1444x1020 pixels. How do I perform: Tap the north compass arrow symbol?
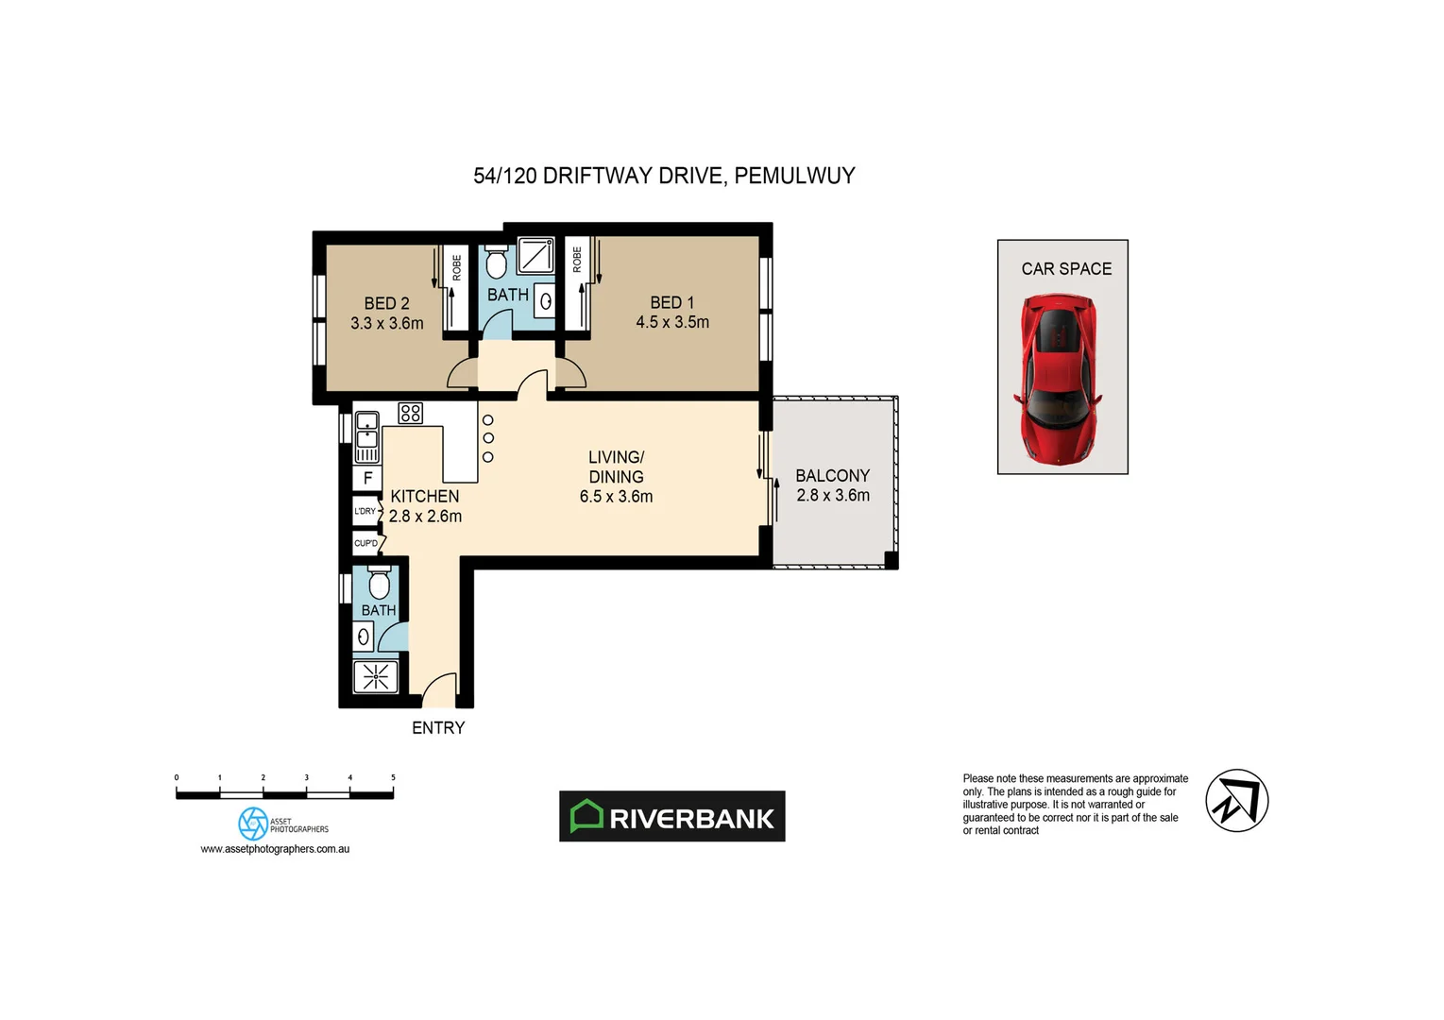coord(1236,801)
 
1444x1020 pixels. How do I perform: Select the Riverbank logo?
coord(671,817)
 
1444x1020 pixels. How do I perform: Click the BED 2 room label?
coord(386,303)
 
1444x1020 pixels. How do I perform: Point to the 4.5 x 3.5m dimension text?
coord(672,322)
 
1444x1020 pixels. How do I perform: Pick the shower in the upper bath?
coord(535,256)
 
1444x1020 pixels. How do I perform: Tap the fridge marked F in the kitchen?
coord(367,478)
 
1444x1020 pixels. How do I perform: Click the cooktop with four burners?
coord(410,413)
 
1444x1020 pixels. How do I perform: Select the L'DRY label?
coord(365,511)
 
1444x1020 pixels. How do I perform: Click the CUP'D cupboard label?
coord(365,543)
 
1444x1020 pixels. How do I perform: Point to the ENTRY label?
coord(438,728)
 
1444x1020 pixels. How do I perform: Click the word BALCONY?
coord(832,476)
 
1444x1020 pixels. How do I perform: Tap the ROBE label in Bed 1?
coord(577,259)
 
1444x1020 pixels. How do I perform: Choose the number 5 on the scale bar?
coord(393,777)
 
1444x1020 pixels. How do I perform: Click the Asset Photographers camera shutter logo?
coord(253,824)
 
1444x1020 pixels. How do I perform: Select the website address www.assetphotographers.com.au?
coord(275,849)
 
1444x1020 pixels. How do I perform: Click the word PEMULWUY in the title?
coord(794,176)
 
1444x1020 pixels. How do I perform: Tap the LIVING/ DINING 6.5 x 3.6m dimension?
coord(616,497)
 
